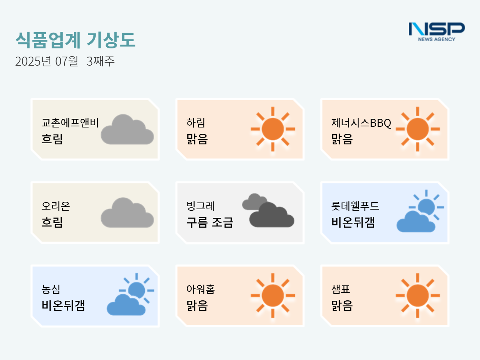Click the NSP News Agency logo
click(437, 32)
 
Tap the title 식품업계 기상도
click(76, 40)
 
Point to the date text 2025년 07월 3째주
click(65, 61)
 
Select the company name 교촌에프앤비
click(70, 123)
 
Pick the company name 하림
click(196, 123)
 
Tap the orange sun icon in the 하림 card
click(273, 129)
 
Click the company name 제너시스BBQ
click(361, 123)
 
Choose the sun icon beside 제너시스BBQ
click(418, 129)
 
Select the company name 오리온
click(56, 206)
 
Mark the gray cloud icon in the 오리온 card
click(127, 213)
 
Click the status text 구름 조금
click(210, 222)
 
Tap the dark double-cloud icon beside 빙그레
click(268, 210)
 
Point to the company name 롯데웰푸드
click(355, 206)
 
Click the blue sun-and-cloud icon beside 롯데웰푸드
click(420, 211)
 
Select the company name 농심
click(51, 289)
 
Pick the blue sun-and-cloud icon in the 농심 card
click(130, 294)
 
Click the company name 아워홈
click(201, 289)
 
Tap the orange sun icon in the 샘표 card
click(418, 295)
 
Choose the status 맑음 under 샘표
click(342, 306)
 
